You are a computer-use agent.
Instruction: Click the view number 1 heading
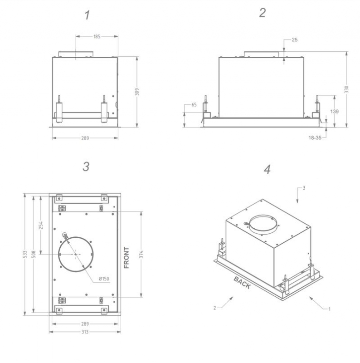87,15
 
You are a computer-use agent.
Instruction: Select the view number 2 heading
263,13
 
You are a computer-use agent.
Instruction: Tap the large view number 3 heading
86,167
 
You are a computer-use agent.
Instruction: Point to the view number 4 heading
267,169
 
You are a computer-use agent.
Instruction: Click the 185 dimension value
97,36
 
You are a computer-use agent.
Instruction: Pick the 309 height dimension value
137,92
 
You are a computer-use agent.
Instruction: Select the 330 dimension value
346,89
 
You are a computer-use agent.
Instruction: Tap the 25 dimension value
295,40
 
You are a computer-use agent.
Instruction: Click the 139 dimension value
334,111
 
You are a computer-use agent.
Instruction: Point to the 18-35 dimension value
315,138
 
